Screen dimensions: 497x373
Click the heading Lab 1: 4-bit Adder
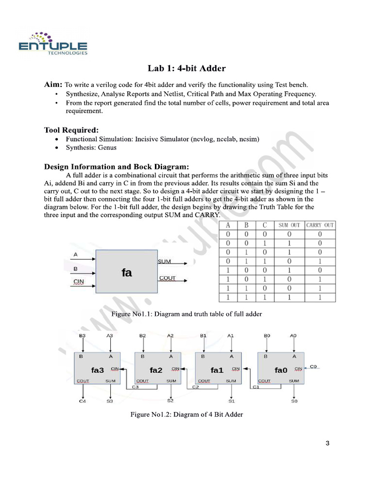[186, 68]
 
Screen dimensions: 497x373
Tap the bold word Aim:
[53, 84]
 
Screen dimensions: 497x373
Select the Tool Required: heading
[71, 130]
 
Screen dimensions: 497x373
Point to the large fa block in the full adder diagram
[126, 273]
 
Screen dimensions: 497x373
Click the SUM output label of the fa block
[165, 262]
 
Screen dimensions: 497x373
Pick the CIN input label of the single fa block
[79, 282]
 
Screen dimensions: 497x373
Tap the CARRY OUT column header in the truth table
[320, 225]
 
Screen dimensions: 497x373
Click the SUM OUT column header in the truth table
[289, 225]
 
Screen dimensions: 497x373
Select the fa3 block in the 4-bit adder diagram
[98, 370]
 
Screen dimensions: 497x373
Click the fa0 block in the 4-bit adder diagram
[281, 370]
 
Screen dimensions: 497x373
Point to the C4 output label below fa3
[83, 401]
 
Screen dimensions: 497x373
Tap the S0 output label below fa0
[294, 401]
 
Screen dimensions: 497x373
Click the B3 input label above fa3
[83, 335]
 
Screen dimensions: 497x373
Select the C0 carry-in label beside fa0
[313, 367]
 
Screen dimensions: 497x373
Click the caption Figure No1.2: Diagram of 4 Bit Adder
[186, 414]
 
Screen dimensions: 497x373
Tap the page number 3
[327, 443]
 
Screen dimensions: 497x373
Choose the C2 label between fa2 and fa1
[195, 387]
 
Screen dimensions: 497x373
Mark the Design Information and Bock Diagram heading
[117, 166]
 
